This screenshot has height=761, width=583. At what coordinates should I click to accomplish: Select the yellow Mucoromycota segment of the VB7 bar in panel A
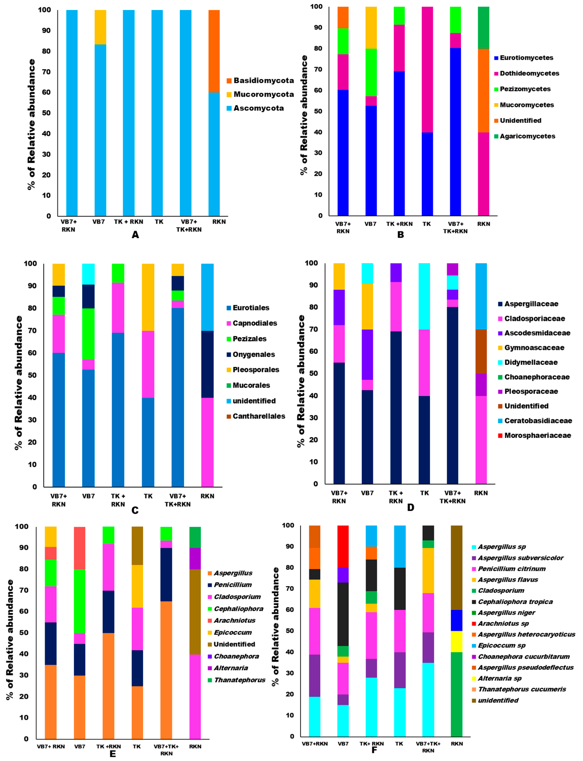click(x=100, y=27)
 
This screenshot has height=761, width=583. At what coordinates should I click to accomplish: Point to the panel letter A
click(x=135, y=235)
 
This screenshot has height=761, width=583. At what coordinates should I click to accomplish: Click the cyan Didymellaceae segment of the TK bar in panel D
click(x=424, y=296)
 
